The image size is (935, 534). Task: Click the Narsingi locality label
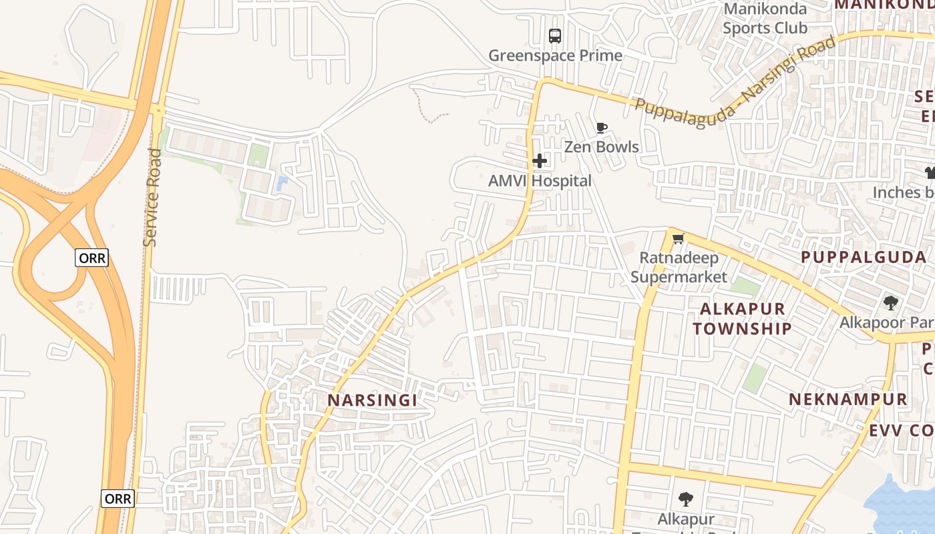372,400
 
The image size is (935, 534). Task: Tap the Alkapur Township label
742,318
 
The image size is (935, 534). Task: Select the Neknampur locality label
848,400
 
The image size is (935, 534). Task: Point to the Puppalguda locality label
864,258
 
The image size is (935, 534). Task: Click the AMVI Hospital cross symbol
540,161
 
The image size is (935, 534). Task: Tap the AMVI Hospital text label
540,181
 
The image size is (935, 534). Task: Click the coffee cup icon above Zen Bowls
601,127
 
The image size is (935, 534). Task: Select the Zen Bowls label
601,147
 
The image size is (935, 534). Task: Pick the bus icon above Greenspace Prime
555,36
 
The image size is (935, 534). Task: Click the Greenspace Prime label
555,55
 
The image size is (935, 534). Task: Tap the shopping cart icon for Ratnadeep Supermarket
679,238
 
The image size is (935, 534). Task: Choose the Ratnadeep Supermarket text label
679,267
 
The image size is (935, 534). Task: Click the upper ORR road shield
91,258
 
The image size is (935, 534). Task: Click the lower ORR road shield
118,499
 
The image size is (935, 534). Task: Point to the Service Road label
153,198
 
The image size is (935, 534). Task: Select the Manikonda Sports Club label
765,19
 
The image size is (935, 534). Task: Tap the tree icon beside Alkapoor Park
890,303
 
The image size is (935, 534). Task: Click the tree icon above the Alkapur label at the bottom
685,499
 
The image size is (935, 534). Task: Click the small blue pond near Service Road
282,182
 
